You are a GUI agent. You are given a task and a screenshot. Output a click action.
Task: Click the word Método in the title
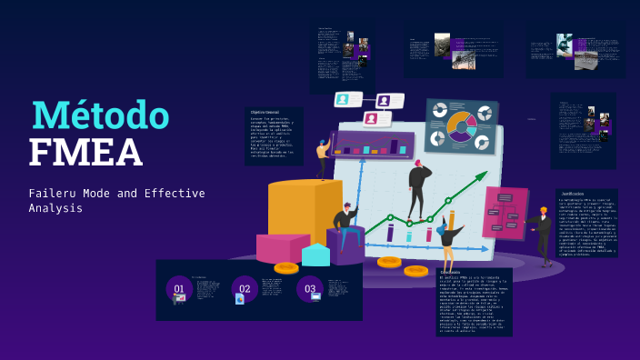pyautogui.click(x=101, y=115)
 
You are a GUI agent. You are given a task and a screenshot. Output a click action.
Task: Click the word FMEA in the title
pyautogui.click(x=85, y=153)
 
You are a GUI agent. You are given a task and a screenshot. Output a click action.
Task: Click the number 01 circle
pyautogui.click(x=179, y=289)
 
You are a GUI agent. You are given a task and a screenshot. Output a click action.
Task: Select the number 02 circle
pyautogui.click(x=245, y=289)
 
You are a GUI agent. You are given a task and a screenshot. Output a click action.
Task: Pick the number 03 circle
pyautogui.click(x=310, y=289)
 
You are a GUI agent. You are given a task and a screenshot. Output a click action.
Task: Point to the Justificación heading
pyautogui.click(x=573, y=194)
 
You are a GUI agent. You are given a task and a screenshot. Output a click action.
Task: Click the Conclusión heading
pyautogui.click(x=451, y=273)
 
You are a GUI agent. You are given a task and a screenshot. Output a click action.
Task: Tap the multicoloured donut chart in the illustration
pyautogui.click(x=461, y=126)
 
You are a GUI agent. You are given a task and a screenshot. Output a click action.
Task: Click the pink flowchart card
pyautogui.click(x=505, y=212)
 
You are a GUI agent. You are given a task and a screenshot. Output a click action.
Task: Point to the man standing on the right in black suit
pyautogui.click(x=543, y=234)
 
